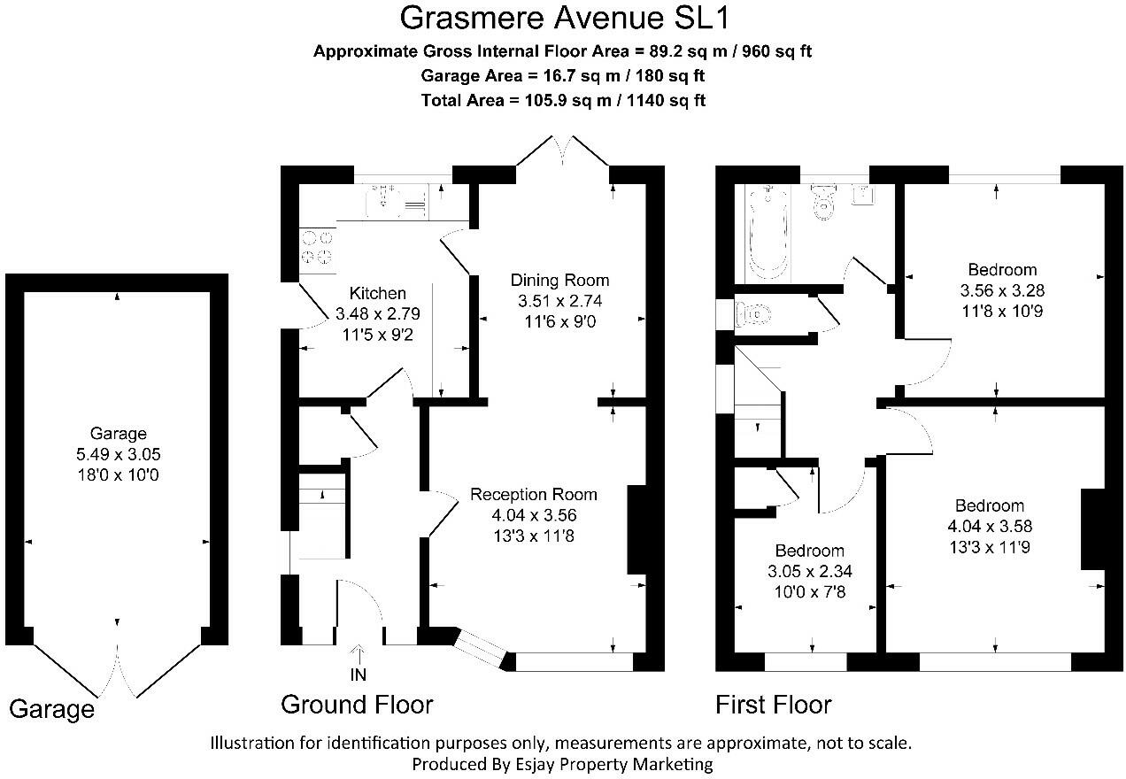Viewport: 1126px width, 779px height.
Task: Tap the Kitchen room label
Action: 378,294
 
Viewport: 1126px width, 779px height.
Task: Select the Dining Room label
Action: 560,281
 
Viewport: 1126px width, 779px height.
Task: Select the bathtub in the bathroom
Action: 767,233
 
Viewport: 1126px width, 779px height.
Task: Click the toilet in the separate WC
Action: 753,313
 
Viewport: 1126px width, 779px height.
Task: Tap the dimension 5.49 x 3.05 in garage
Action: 119,455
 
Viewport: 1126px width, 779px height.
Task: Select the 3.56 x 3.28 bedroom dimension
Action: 1002,290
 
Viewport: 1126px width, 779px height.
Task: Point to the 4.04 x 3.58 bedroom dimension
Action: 990,527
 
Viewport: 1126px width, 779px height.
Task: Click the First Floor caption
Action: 774,705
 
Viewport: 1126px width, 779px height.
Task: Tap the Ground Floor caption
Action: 357,705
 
